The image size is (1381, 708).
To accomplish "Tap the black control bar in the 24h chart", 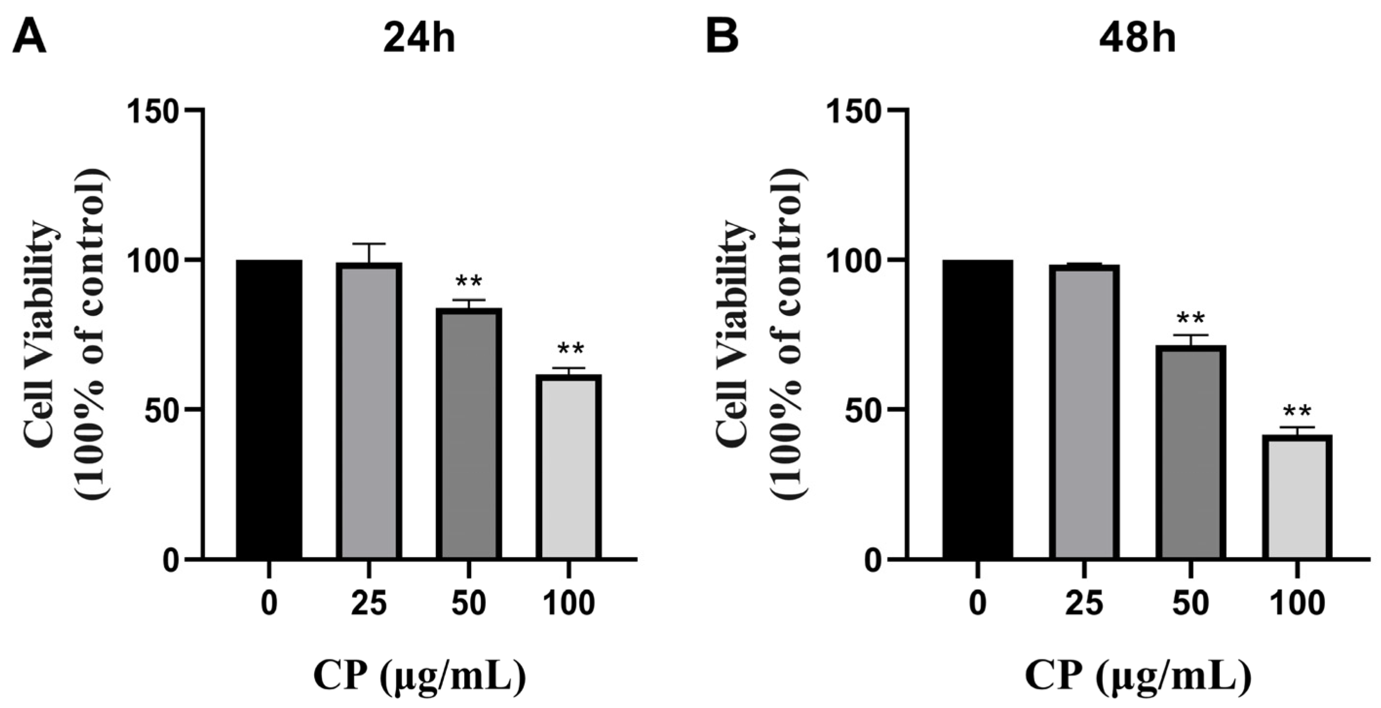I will [x=269, y=410].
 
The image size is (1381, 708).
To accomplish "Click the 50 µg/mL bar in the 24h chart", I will [x=469, y=434].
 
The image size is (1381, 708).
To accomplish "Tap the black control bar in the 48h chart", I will [x=978, y=410].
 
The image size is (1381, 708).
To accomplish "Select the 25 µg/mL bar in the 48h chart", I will [x=1084, y=413].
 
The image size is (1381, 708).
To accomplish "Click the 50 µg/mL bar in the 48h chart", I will [x=1191, y=453].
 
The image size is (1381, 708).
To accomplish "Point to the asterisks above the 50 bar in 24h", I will [x=469, y=281].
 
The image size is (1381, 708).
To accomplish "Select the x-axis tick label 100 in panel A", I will [x=569, y=603].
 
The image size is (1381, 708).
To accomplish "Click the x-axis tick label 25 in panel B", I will [x=1084, y=603].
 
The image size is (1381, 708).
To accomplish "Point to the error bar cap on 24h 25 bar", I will [x=369, y=244].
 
